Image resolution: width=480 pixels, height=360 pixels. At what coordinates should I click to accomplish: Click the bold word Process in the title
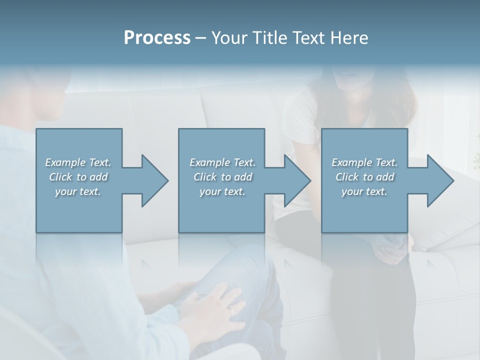pos(157,38)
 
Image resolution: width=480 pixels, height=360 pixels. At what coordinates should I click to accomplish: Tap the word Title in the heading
pos(265,38)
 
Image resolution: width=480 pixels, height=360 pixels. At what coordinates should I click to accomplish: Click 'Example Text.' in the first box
pos(78,162)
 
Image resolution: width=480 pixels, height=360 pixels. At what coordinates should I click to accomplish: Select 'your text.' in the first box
pos(78,191)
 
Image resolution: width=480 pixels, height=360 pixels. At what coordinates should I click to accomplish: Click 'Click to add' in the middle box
pos(222,177)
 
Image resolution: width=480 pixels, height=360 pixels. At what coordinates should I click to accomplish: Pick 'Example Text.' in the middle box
pos(222,162)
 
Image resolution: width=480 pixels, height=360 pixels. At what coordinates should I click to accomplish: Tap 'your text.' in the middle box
pos(222,191)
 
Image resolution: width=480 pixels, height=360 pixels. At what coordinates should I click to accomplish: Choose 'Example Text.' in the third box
pos(364,162)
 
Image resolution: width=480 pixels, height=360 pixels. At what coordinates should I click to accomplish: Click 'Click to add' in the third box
pos(364,177)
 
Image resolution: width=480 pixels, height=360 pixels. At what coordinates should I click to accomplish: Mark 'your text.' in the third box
pos(364,191)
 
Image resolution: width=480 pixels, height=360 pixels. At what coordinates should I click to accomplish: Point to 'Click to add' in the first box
pos(78,177)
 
